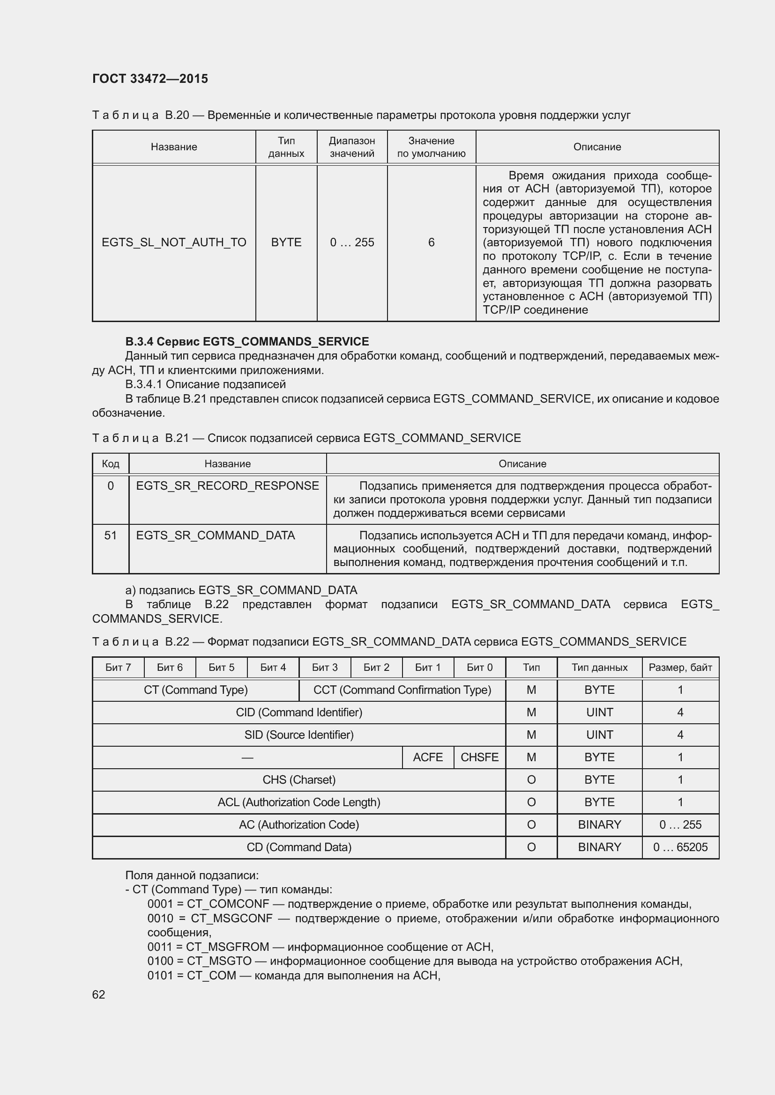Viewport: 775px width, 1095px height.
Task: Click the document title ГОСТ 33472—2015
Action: coord(150,79)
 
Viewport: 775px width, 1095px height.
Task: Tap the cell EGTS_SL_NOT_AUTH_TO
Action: coord(174,243)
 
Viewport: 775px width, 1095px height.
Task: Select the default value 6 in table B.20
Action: coord(431,243)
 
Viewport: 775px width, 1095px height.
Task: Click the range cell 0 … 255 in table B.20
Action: coord(352,243)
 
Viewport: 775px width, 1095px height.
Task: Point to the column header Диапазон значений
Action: coord(352,147)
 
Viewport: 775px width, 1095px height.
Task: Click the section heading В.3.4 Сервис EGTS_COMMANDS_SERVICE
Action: coord(247,341)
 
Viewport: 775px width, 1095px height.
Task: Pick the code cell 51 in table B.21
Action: coord(110,535)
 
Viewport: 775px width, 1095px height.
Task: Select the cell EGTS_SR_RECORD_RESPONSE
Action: coord(227,485)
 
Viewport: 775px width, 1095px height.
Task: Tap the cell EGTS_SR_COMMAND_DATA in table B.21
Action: coord(215,535)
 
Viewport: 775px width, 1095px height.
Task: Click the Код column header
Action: coord(110,463)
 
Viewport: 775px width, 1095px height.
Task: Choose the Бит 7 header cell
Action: coord(118,667)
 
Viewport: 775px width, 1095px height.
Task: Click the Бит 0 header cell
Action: coord(479,667)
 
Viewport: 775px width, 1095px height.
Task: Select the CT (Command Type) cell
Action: coord(196,690)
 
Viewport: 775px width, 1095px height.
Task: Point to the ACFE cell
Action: coord(428,757)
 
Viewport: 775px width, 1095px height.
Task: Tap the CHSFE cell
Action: coord(479,757)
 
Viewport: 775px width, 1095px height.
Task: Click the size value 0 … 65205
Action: coord(680,847)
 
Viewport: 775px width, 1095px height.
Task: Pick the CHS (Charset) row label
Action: coord(299,779)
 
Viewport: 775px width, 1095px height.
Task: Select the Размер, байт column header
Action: coord(680,667)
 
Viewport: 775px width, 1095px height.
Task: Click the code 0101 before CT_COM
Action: coord(160,975)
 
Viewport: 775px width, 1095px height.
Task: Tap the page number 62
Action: coord(99,994)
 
